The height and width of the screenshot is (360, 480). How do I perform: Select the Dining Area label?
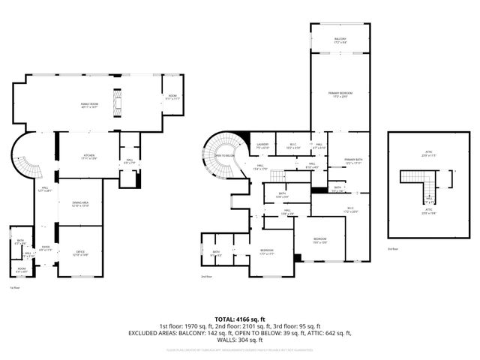[80, 203]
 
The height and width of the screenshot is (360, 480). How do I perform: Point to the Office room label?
[80, 253]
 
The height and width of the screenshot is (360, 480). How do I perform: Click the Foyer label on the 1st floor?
[46, 246]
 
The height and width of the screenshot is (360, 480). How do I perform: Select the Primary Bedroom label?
[340, 94]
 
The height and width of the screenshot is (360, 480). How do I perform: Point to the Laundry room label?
[262, 145]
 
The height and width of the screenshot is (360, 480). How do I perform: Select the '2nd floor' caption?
[207, 277]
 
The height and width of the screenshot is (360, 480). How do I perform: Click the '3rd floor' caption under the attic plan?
[393, 248]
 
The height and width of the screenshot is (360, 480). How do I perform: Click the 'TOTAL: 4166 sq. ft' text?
[240, 319]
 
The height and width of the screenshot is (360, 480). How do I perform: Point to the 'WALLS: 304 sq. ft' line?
[240, 340]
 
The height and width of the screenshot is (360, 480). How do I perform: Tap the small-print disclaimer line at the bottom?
[240, 349]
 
